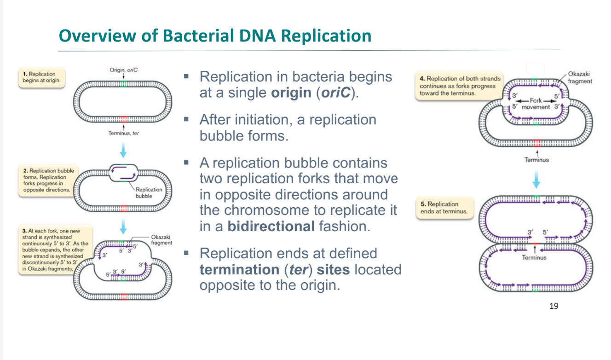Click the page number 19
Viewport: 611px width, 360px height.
[x=554, y=306]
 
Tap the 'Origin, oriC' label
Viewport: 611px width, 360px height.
[x=123, y=70]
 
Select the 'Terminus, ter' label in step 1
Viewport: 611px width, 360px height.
[x=123, y=133]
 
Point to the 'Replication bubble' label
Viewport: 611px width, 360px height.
[x=149, y=192]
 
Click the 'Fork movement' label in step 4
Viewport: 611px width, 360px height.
[x=536, y=104]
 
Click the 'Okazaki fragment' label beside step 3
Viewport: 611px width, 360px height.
[x=161, y=240]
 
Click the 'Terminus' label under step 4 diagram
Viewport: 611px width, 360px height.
[x=536, y=160]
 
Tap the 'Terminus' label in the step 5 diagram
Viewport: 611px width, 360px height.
[x=534, y=258]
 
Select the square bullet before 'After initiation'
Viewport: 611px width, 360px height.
[x=187, y=120]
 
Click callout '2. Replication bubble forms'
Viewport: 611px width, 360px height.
[x=48, y=180]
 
